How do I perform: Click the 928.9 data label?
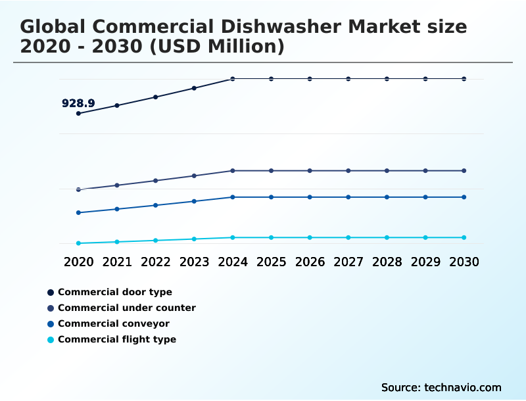78,103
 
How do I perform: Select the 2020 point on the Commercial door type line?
78,113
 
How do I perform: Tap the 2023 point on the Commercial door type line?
194,88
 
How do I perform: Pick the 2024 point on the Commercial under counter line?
233,171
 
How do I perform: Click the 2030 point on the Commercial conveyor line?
464,197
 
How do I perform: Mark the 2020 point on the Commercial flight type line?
78,243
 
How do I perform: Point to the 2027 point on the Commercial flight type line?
348,237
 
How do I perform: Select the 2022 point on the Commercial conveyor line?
156,205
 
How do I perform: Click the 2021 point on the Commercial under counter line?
117,185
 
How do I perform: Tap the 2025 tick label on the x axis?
271,262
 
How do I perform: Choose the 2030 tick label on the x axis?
464,262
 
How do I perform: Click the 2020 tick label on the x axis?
78,262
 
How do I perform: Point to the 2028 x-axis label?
387,262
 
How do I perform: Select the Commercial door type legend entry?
114,292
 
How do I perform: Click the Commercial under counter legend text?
126,308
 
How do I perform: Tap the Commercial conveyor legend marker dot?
51,324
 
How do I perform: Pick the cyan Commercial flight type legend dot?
51,340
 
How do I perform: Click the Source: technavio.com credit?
441,387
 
